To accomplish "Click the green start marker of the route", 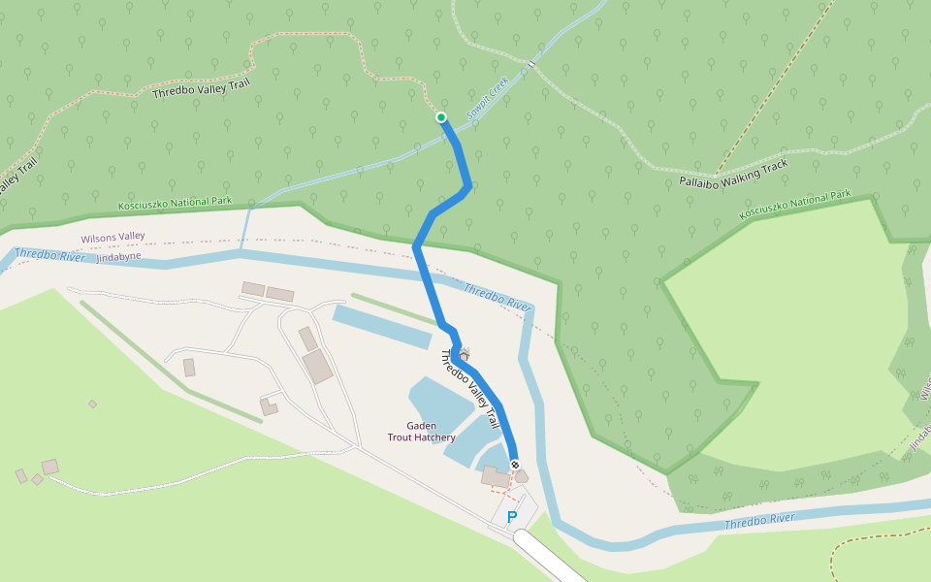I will [x=441, y=117].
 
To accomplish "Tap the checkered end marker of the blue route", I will [x=514, y=464].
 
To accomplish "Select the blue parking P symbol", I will [x=512, y=518].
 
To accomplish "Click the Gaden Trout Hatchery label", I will [x=421, y=432].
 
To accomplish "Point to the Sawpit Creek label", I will [x=487, y=101].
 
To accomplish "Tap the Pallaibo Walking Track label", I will [x=733, y=173].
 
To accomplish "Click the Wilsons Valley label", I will [x=112, y=237].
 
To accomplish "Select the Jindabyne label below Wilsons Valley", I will [x=118, y=256].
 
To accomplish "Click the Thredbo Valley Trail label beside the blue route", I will [x=470, y=388].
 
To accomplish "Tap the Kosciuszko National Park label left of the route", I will [x=176, y=203].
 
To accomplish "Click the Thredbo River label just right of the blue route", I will [x=498, y=297].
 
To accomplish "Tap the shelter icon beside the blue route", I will [x=465, y=354].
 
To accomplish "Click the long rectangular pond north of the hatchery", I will [x=381, y=327].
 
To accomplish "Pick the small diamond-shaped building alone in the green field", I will [x=93, y=404].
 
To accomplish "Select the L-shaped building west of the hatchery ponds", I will [x=269, y=406].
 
